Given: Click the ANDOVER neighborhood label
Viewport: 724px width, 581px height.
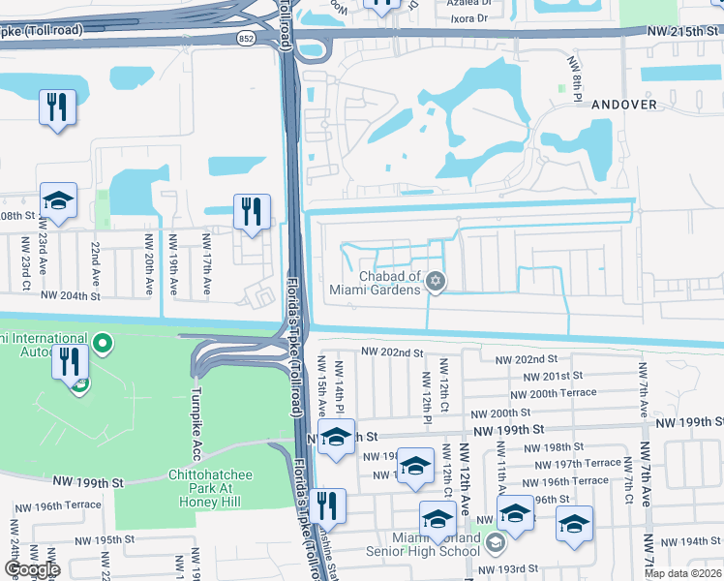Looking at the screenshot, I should point(623,104).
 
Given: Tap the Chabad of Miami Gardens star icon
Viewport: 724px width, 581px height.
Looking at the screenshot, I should point(436,282).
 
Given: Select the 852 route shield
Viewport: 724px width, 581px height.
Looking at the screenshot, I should point(246,37).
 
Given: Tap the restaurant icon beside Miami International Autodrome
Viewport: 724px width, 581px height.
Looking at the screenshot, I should point(71,362).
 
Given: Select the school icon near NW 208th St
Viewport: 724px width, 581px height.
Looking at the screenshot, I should point(59,200).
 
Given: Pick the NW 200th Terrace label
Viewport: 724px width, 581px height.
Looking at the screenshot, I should point(548,394).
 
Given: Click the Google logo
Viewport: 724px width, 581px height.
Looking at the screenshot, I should point(31,569).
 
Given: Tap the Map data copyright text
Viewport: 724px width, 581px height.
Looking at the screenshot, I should point(682,573).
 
